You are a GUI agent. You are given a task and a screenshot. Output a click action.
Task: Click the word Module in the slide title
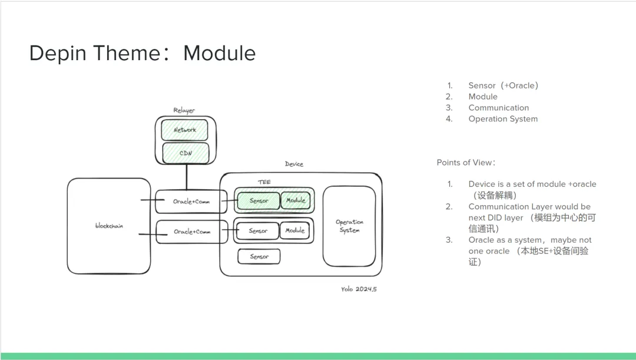pyautogui.click(x=219, y=54)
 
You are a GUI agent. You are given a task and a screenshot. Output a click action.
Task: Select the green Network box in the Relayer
pyautogui.click(x=185, y=130)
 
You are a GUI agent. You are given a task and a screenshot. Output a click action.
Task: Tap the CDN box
pyautogui.click(x=185, y=153)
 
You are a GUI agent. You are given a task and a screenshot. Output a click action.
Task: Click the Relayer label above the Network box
pyautogui.click(x=184, y=110)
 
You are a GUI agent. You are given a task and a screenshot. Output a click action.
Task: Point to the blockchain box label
pyautogui.click(x=109, y=226)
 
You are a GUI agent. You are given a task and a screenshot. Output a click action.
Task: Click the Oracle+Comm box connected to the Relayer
pyautogui.click(x=191, y=202)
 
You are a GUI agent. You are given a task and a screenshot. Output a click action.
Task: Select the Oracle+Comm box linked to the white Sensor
pyautogui.click(x=191, y=232)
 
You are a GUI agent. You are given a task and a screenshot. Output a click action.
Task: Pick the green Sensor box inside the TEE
pyautogui.click(x=259, y=201)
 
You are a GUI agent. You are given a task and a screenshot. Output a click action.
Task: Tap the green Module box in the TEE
pyautogui.click(x=296, y=200)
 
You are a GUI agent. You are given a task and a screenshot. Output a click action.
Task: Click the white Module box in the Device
pyautogui.click(x=295, y=230)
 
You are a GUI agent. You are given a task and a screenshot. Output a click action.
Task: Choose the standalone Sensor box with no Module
pyautogui.click(x=259, y=257)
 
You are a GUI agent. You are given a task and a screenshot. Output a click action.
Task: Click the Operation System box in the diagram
pyautogui.click(x=349, y=226)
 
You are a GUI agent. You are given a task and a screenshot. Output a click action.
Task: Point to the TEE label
pyautogui.click(x=264, y=182)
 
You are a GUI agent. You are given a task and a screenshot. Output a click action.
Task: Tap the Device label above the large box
pyautogui.click(x=294, y=164)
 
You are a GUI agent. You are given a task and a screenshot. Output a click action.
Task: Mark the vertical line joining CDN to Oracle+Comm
pyautogui.click(x=187, y=177)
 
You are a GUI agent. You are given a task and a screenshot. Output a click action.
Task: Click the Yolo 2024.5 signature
pyautogui.click(x=358, y=289)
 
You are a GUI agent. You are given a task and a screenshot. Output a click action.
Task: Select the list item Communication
pyautogui.click(x=498, y=108)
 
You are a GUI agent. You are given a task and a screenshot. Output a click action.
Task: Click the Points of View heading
pyautogui.click(x=466, y=163)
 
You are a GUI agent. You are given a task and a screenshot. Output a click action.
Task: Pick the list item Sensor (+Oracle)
pyautogui.click(x=503, y=85)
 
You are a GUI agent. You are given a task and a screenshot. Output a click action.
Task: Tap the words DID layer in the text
pyautogui.click(x=505, y=218)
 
